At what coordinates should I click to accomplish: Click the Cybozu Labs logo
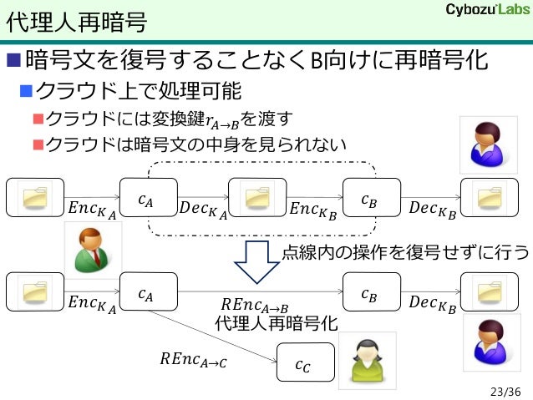483,11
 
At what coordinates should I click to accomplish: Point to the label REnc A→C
192,360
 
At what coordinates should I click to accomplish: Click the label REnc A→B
255,306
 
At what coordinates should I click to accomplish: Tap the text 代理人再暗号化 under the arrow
276,323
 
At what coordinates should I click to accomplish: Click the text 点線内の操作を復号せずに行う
405,252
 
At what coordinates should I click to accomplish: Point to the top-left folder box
35,199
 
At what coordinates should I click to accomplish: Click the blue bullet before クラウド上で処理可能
27,89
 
